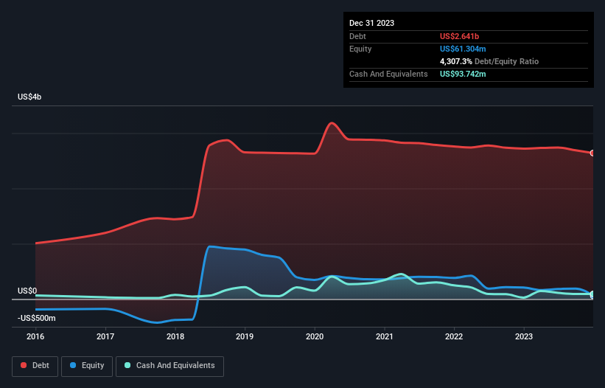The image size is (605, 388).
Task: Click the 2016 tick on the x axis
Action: point(35,336)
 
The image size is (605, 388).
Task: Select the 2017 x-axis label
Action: point(105,336)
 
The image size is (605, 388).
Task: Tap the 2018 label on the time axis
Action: point(175,336)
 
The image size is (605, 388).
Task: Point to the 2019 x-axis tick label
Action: point(245,336)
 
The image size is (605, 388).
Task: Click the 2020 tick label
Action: point(315,336)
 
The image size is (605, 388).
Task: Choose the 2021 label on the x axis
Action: point(384,336)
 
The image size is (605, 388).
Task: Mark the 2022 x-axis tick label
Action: point(454,336)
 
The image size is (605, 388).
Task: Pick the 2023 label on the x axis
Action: point(523,336)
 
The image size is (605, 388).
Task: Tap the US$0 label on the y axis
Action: point(29,291)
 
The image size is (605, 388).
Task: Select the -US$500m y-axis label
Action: point(38,318)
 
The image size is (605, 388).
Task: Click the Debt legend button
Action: point(35,366)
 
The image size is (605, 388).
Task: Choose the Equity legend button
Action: point(87,366)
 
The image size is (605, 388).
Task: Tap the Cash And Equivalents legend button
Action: point(169,366)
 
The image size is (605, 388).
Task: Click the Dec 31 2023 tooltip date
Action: point(371,23)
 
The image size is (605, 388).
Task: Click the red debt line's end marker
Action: point(592,153)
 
